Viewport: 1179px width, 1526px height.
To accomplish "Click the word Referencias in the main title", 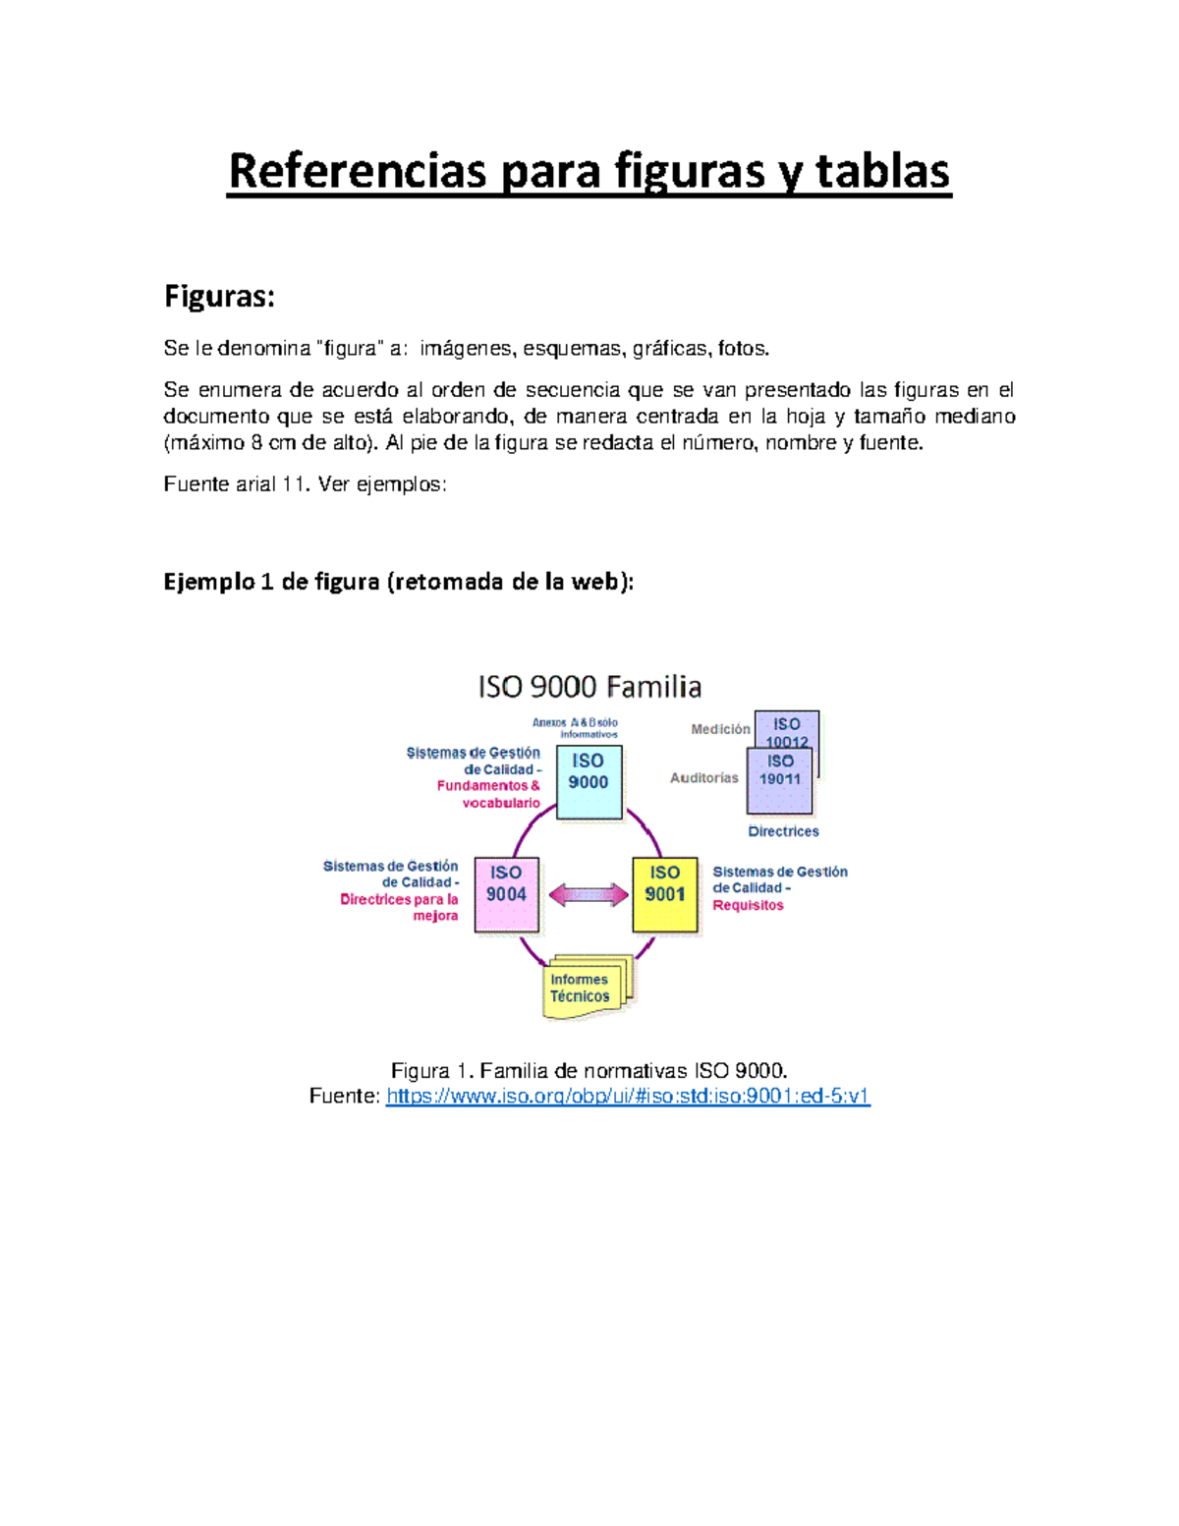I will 357,171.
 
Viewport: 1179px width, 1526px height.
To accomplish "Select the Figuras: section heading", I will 219,297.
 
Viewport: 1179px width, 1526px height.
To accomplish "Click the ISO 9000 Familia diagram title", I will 589,686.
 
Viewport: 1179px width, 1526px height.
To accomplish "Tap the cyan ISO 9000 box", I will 589,781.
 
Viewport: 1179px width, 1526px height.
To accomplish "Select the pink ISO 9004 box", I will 506,893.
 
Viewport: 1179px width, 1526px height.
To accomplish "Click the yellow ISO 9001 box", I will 664,893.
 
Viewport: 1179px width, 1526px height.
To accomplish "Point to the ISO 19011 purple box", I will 779,781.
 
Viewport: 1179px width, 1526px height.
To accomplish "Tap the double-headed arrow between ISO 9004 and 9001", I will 588,894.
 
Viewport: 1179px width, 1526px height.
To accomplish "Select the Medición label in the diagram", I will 720,729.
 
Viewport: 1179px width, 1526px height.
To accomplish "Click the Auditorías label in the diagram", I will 703,778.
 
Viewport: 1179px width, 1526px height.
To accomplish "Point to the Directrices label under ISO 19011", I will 783,831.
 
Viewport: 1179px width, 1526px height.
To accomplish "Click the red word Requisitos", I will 748,905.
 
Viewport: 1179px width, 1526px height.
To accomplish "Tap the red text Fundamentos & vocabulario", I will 489,794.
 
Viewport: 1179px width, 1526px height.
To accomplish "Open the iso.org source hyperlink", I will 628,1096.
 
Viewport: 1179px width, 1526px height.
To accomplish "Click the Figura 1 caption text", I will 589,1070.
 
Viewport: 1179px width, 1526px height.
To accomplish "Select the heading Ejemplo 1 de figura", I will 398,582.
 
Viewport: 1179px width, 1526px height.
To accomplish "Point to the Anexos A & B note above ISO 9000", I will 576,728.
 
